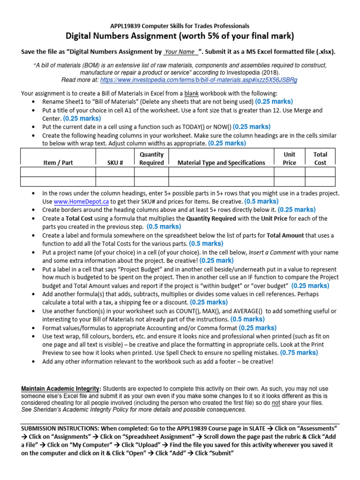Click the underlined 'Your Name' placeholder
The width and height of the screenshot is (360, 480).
[x=180, y=52]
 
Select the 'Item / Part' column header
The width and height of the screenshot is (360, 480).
[x=58, y=163]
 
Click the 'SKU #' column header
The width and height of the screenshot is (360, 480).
[x=115, y=163]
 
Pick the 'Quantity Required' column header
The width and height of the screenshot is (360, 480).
[x=151, y=158]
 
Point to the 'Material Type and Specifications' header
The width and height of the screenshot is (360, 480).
[x=221, y=163]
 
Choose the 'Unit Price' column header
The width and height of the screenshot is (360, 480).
[x=289, y=158]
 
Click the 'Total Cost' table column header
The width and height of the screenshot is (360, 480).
[x=320, y=158]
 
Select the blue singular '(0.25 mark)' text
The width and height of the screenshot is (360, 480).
[x=216, y=260]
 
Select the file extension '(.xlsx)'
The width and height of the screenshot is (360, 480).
[x=323, y=52]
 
